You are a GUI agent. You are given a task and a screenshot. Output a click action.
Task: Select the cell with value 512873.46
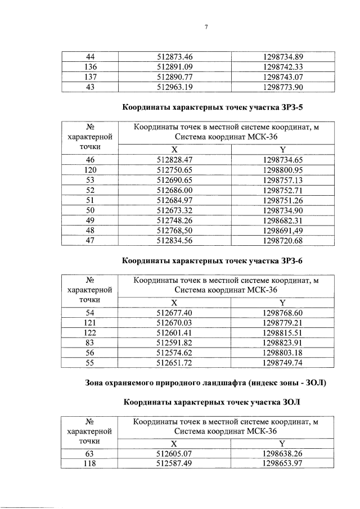pos(174,56)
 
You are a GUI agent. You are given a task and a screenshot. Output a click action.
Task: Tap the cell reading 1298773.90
pos(283,87)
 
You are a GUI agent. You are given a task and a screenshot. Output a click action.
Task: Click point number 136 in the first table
pos(89,66)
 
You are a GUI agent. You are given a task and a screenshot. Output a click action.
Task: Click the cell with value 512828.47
pos(174,160)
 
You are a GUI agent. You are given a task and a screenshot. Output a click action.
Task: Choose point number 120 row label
pos(89,170)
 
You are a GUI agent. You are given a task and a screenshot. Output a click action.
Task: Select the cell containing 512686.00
pos(174,191)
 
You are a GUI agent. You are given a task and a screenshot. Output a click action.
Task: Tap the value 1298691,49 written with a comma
pos(283,232)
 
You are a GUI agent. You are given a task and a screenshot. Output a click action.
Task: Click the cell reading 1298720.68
pos(283,242)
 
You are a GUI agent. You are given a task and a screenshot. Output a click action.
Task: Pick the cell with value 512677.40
pos(174,313)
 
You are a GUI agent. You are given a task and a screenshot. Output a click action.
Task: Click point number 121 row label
pos(89,323)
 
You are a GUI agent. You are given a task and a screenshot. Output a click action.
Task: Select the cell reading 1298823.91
pos(283,343)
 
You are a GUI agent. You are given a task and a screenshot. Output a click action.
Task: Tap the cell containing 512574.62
pos(174,353)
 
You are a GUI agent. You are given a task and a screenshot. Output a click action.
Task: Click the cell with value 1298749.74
pos(283,363)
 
